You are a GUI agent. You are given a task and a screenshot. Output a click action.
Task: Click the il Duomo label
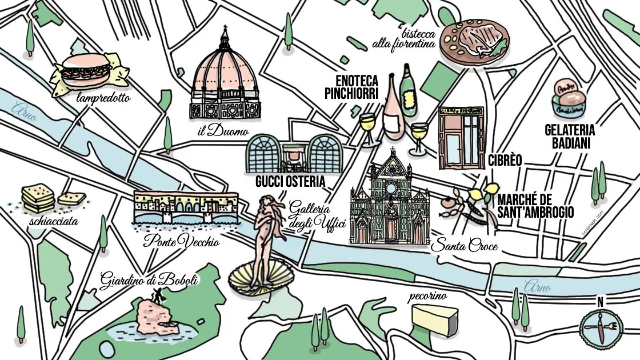pos(223,132)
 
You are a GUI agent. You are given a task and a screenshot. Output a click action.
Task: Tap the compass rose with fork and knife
pos(600,327)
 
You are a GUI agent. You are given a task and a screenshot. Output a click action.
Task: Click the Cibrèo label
pos(505,161)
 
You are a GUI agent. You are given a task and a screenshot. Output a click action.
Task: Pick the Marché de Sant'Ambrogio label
pos(535,206)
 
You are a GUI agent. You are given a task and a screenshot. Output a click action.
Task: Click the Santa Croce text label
pos(463,247)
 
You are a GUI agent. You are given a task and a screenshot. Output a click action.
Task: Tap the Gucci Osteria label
pos(291,182)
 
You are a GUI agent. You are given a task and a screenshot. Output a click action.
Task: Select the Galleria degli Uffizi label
pos(318,215)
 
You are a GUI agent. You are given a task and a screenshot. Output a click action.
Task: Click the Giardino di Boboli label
pos(149,281)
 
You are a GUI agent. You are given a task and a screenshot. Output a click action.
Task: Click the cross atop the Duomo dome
pos(225,29)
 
